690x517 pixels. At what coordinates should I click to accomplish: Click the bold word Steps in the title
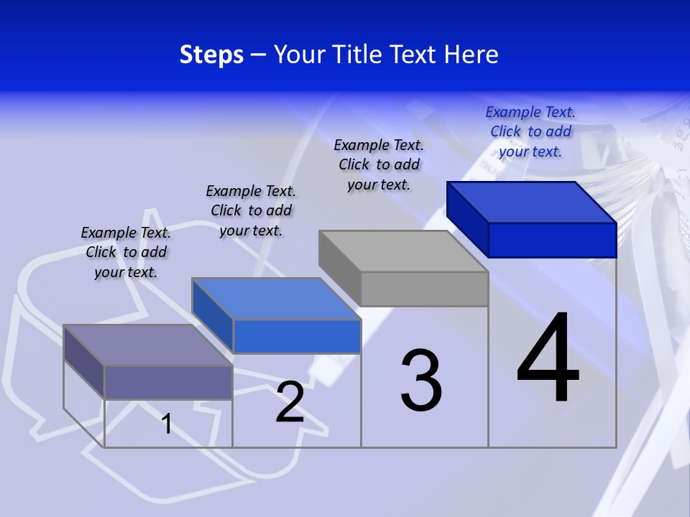click(x=211, y=55)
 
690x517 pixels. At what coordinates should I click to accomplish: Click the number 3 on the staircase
click(x=421, y=381)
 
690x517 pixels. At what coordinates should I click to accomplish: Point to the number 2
click(x=290, y=402)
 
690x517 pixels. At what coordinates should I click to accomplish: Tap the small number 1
click(x=167, y=424)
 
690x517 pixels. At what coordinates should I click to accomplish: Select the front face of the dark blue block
click(x=552, y=240)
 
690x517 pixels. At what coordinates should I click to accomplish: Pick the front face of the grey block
click(x=424, y=289)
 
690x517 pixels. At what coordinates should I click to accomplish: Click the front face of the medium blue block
click(x=296, y=336)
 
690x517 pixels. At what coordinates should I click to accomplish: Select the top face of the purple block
click(x=147, y=345)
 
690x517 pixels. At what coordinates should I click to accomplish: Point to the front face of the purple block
click(x=168, y=382)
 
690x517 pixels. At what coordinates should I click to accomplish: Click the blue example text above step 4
click(x=530, y=131)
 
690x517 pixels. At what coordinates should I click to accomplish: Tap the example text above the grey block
click(x=379, y=164)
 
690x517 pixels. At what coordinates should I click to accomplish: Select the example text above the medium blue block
click(x=251, y=210)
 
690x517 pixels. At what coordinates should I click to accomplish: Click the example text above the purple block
click(x=126, y=252)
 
